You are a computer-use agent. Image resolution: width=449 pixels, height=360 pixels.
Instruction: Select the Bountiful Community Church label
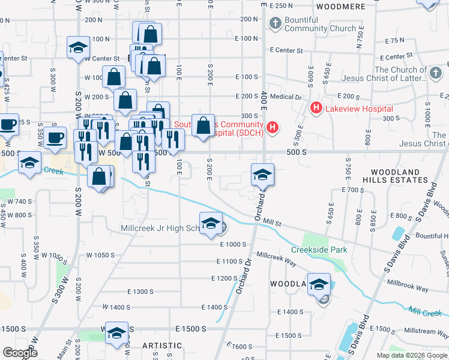pos(321,24)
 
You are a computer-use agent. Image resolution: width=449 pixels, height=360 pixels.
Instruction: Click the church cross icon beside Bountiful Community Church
pos(275,24)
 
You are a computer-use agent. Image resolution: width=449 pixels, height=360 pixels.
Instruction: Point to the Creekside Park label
pos(319,250)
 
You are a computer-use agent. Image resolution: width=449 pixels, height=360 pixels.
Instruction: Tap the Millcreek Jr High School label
pos(159,229)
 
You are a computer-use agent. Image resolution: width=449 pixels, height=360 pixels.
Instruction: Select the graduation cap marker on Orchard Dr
pos(262,175)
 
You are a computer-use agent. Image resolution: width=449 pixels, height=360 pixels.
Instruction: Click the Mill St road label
pos(272,223)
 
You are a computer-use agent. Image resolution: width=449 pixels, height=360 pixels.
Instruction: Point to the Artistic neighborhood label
pos(162,346)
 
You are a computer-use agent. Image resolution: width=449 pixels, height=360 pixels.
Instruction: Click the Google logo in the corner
pos(20,353)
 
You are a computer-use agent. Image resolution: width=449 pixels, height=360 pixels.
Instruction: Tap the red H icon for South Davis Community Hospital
pos(273,127)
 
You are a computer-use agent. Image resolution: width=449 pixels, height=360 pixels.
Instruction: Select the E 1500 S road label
pos(191,329)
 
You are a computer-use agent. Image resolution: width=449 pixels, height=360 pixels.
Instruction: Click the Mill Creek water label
pos(425,311)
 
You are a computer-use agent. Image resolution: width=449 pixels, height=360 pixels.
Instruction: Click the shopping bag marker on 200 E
pos(203,126)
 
